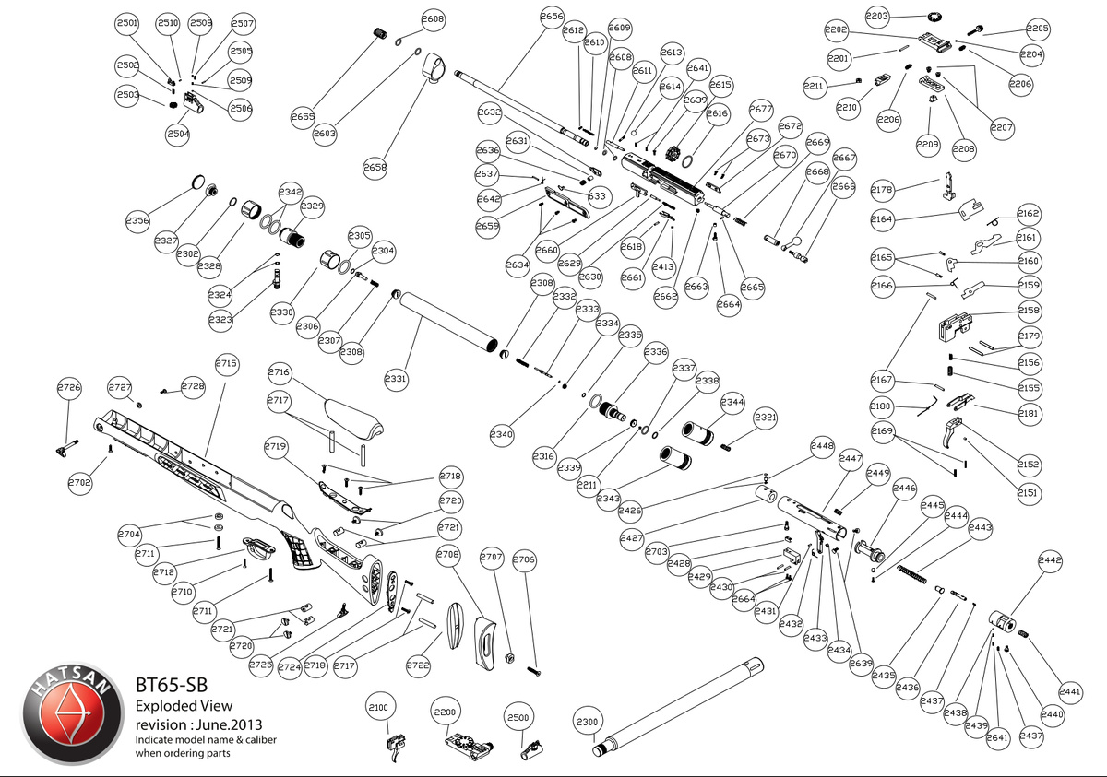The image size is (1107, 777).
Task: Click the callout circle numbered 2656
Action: [x=552, y=18]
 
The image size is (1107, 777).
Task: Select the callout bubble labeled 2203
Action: [x=877, y=16]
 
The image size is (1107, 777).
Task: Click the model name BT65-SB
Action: [x=171, y=685]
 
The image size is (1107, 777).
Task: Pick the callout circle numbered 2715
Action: [x=226, y=363]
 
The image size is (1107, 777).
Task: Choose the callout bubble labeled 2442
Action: [x=1050, y=559]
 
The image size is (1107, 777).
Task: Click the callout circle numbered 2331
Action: [x=396, y=379]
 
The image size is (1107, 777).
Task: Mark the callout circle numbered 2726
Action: [x=69, y=387]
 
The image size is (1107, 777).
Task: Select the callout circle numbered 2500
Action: [x=518, y=716]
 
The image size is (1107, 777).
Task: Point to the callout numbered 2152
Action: [x=1029, y=464]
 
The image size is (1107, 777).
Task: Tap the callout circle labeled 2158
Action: [x=1029, y=311]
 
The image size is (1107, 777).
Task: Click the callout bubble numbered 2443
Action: [x=981, y=527]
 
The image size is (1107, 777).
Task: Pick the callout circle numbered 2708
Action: [x=448, y=556]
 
